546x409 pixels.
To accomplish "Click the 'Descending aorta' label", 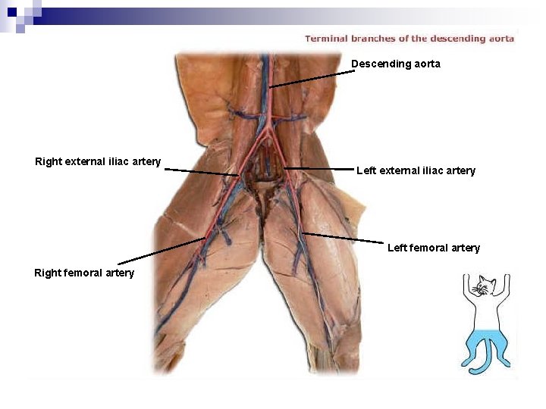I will [395, 64].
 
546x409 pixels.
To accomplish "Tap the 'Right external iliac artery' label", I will [98, 161].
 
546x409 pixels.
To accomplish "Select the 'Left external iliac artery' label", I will [416, 170].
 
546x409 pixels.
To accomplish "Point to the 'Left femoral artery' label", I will [433, 248].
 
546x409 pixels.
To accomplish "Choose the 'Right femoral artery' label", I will [84, 273].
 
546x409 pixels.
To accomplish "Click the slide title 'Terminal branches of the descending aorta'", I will [409, 39].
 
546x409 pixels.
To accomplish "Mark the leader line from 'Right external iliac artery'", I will [201, 173].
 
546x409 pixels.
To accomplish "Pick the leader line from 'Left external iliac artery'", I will [318, 168].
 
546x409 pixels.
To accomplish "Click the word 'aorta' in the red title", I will [500, 39].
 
